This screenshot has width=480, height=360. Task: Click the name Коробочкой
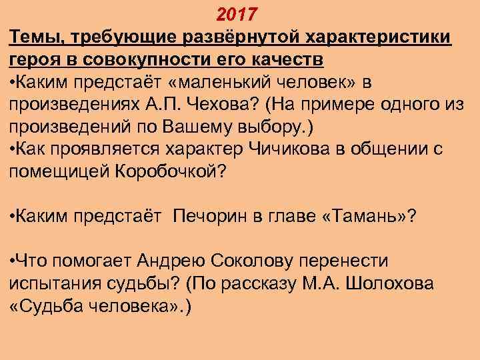[x=171, y=172]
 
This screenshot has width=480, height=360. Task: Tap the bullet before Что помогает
[x=14, y=262]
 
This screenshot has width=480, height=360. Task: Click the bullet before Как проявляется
[x=14, y=149]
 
